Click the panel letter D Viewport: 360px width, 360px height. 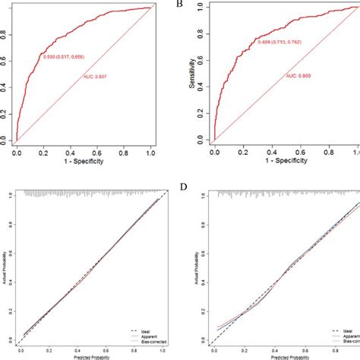(x=180, y=185)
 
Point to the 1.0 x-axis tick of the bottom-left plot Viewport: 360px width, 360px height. (x=160, y=351)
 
